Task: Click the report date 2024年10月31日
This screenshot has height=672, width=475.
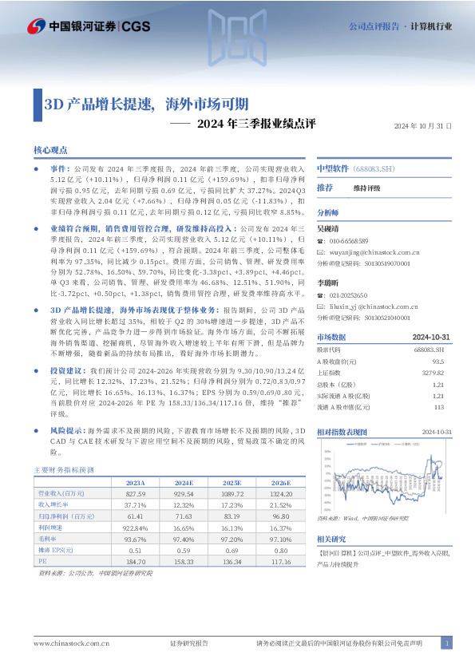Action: coord(423,126)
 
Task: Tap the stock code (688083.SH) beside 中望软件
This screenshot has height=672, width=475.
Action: coord(374,169)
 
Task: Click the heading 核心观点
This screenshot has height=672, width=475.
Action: coord(50,150)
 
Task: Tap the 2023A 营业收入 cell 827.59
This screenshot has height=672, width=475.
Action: coord(135,494)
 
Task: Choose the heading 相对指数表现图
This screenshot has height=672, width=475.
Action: coord(342,431)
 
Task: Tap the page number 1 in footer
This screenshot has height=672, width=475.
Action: coord(448,643)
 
